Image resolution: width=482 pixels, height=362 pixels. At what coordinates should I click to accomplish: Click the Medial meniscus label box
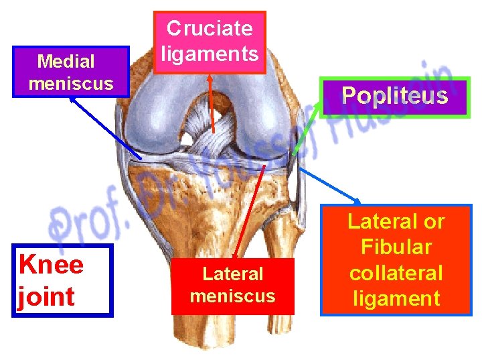[x=70, y=72]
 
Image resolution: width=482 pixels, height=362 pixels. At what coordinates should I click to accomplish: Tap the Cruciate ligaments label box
[x=210, y=42]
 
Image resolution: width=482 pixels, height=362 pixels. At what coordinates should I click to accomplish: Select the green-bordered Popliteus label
[x=394, y=97]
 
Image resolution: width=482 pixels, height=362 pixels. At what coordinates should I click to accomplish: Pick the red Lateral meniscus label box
[x=232, y=285]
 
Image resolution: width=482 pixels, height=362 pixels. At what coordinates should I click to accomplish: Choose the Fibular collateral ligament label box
[x=396, y=259]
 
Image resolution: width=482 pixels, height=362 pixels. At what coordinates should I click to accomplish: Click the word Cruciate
[x=210, y=28]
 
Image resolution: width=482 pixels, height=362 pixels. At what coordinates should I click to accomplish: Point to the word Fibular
[x=396, y=247]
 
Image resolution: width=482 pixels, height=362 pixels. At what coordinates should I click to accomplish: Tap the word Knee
[x=52, y=265]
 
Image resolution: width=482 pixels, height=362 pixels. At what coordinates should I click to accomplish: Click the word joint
[x=45, y=296]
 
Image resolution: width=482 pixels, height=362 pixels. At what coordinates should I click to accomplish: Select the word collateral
[x=396, y=273]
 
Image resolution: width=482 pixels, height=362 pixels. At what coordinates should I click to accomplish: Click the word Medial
[x=66, y=62]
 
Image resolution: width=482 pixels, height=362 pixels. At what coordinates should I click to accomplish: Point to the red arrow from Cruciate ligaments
[x=212, y=101]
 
